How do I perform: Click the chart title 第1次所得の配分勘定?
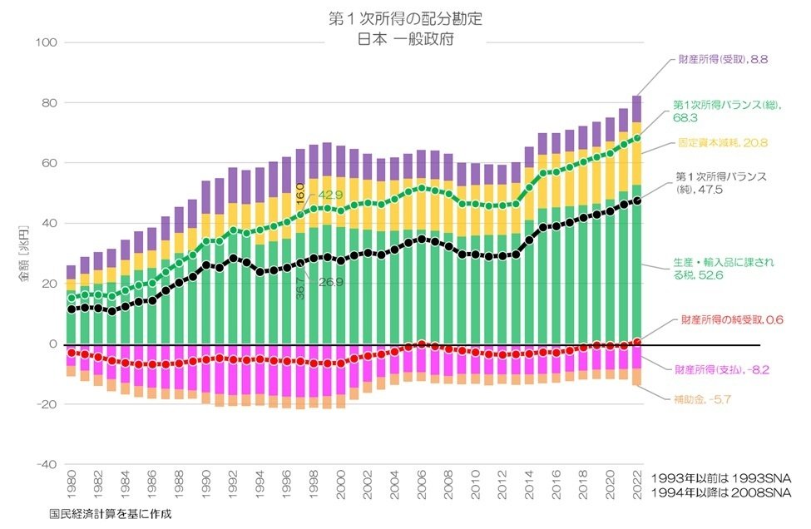[x=405, y=17]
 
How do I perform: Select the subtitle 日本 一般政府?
[x=405, y=37]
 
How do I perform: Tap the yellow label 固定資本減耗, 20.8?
[x=722, y=142]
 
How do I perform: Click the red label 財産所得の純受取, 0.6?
[x=732, y=319]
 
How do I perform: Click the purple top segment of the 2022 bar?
[x=636, y=109]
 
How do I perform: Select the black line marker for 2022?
[x=636, y=200]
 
